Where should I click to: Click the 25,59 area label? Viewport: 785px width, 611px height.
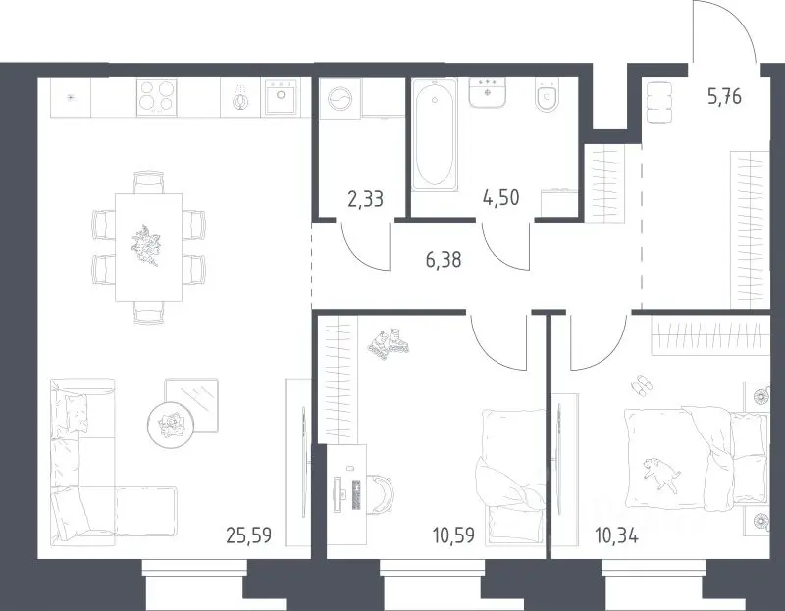tap(249, 535)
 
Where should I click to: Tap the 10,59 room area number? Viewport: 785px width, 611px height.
tap(453, 535)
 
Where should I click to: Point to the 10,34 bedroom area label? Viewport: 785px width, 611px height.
tap(616, 536)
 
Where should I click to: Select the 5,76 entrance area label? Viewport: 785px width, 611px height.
tap(724, 95)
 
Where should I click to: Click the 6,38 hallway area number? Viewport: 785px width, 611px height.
tap(444, 260)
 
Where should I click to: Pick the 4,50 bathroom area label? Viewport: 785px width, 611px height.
tap(501, 198)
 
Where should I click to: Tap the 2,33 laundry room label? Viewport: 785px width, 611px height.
tap(365, 199)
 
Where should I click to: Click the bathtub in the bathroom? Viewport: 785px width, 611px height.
tap(434, 135)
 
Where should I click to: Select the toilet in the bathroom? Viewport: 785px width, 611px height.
tap(547, 95)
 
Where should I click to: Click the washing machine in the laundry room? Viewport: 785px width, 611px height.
tap(340, 99)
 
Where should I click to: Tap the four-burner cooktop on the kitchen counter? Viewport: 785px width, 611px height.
tap(157, 98)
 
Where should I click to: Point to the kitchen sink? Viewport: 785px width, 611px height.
tap(281, 96)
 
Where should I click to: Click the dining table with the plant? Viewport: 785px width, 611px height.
tap(148, 248)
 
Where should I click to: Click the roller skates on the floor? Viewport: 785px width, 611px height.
tap(389, 343)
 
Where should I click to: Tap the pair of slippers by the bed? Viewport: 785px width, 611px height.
tap(641, 385)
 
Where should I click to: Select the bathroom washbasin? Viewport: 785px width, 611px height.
tap(487, 92)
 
